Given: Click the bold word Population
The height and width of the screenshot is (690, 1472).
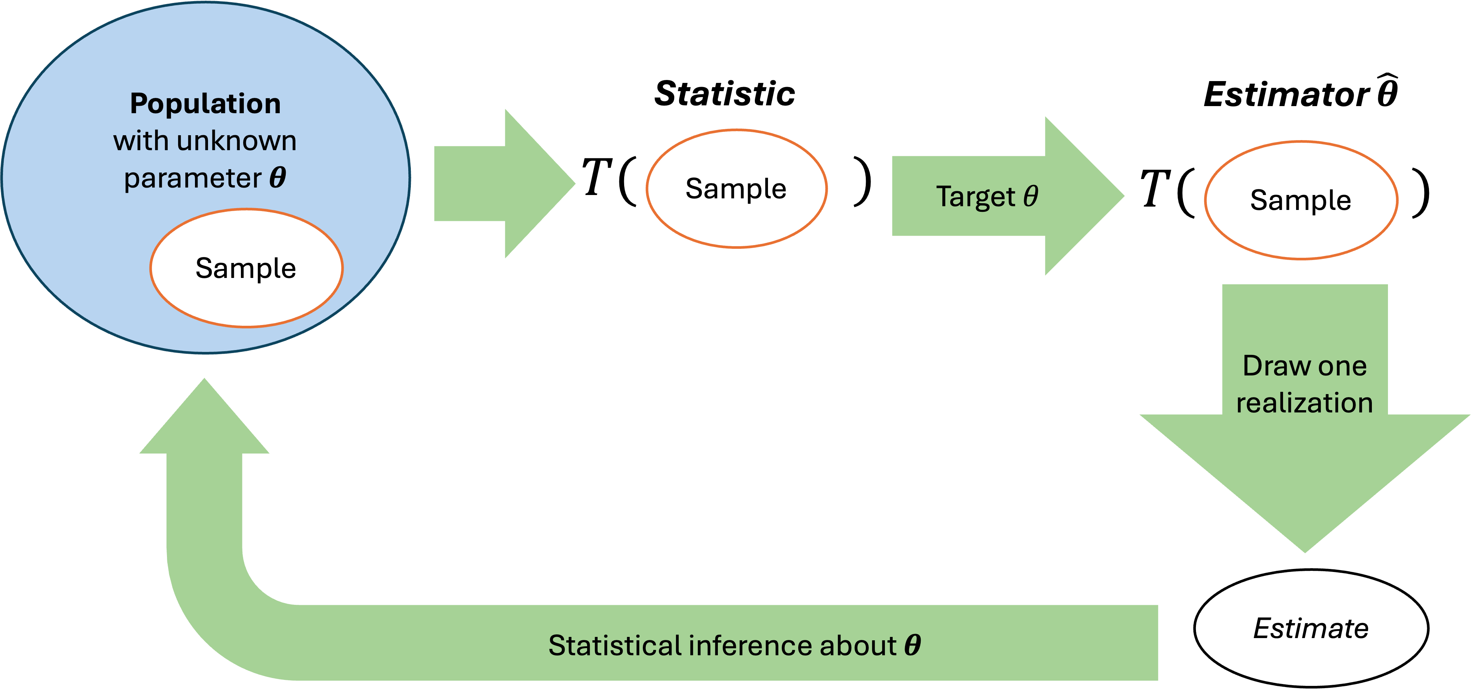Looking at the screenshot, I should point(205,104).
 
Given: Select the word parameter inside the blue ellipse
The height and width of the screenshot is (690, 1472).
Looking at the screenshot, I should point(193,178).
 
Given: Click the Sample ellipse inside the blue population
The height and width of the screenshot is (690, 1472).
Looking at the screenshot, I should point(246,268).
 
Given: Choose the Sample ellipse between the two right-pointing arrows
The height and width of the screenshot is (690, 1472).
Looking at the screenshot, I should point(736,189).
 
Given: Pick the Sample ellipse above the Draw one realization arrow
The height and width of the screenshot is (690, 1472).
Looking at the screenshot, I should point(1301,200).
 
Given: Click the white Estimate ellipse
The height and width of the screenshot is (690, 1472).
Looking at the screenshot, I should point(1311,628).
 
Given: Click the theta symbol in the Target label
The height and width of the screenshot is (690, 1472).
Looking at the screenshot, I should point(1030,196).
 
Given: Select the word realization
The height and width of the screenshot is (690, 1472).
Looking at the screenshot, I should point(1305,403).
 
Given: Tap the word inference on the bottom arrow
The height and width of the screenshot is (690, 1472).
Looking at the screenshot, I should point(751,646).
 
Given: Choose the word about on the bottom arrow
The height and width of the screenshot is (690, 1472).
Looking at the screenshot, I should point(858,646).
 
